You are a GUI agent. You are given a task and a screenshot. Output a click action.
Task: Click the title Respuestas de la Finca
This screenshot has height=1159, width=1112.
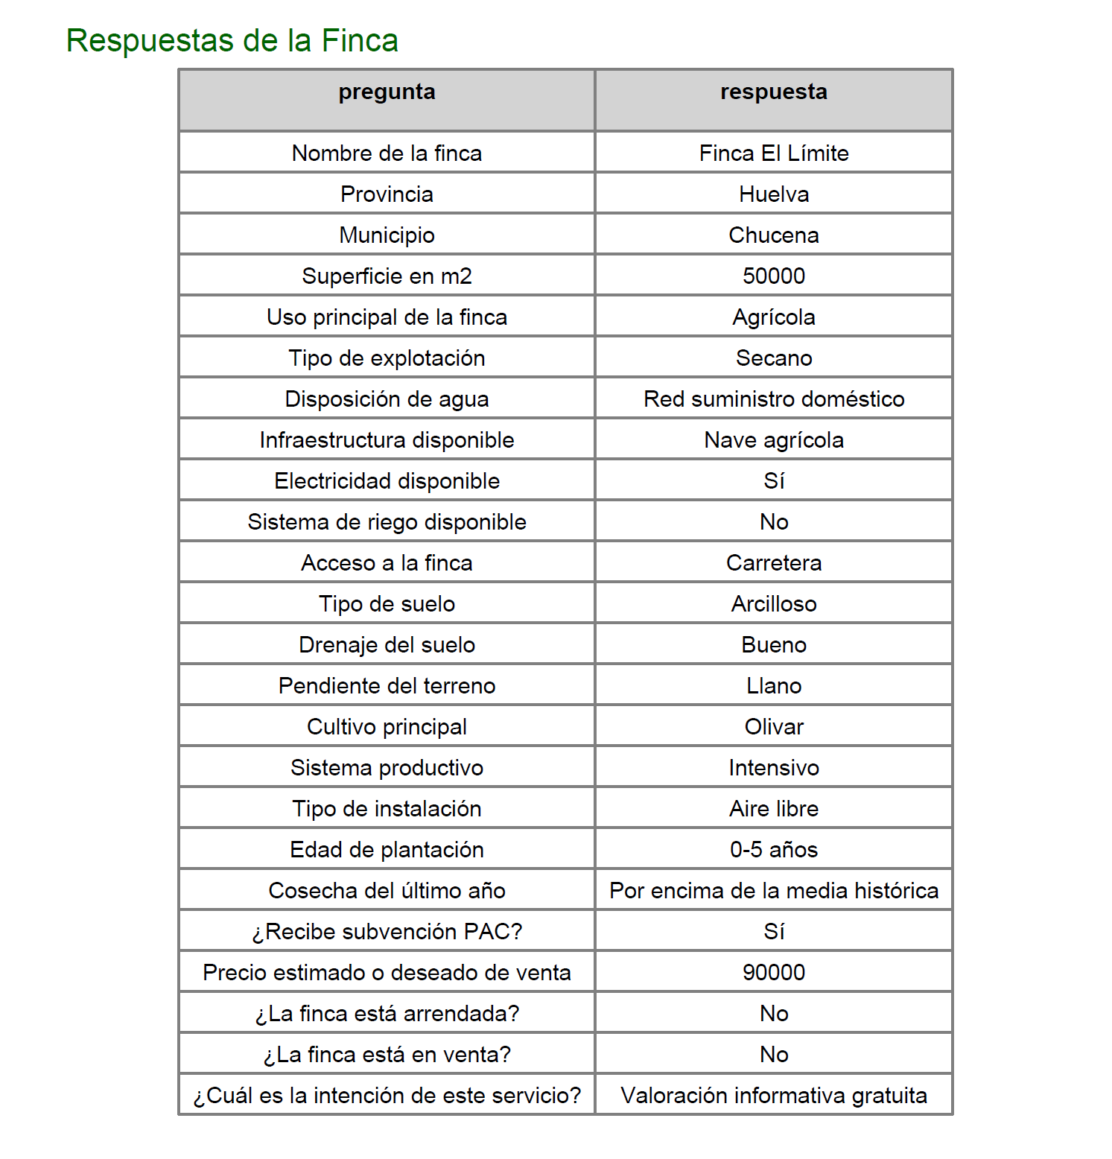click(x=232, y=40)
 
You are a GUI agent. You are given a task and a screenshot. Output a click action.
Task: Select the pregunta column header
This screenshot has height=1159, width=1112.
click(x=387, y=92)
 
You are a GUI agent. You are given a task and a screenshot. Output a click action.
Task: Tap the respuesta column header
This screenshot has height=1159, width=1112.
click(x=773, y=92)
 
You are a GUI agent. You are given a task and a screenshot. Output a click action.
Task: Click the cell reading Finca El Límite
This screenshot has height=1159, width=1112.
click(x=773, y=153)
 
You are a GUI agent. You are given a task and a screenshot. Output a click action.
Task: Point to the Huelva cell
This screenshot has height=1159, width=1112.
click(x=773, y=194)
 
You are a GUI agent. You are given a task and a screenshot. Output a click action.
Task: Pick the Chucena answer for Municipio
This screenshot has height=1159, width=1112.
click(x=773, y=235)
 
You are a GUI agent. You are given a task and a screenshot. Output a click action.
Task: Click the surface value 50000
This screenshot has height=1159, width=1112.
click(x=773, y=276)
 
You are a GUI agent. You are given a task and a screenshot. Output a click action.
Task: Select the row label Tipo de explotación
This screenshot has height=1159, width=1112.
click(x=387, y=358)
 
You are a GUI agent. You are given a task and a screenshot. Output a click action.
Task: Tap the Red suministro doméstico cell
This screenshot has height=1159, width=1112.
click(x=773, y=399)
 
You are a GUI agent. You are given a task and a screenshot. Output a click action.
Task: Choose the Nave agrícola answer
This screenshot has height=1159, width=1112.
click(x=773, y=440)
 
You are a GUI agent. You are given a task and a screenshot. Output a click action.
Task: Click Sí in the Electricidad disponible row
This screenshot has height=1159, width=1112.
click(x=773, y=481)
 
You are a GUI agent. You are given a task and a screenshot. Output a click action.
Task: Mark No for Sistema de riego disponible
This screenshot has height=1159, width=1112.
click(x=773, y=522)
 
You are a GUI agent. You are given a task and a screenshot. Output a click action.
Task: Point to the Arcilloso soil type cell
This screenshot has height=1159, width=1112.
click(x=773, y=604)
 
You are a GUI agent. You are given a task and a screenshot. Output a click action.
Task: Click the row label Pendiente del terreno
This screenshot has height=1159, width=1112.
click(x=387, y=686)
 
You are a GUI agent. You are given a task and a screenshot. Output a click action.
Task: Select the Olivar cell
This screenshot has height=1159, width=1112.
click(x=773, y=727)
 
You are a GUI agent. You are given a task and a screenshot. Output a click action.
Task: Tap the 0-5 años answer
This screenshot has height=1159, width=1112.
click(x=773, y=850)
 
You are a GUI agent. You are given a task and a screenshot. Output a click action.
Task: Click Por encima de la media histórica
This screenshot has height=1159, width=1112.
click(x=773, y=891)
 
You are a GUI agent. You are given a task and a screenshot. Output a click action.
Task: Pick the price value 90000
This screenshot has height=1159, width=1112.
click(x=773, y=973)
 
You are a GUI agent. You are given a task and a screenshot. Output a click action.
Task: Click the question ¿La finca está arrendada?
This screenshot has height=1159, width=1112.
click(x=387, y=1014)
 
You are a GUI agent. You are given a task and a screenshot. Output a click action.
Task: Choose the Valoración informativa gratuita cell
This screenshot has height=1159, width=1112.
click(x=773, y=1096)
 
